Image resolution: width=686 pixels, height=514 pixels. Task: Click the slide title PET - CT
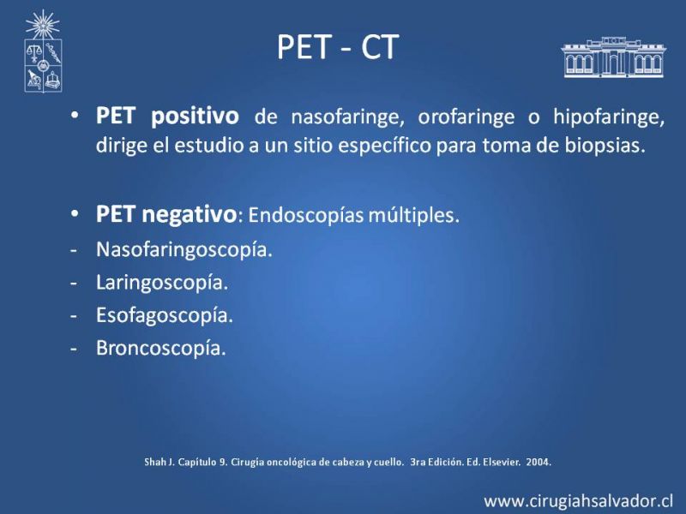click(x=338, y=47)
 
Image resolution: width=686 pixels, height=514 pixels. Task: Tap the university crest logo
click(x=43, y=51)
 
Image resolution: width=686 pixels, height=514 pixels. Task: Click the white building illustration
click(x=613, y=57)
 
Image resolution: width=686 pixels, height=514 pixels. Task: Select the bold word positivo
click(x=195, y=117)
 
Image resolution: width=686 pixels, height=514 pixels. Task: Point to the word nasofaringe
click(x=347, y=117)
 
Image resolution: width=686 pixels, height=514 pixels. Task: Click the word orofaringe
click(x=466, y=117)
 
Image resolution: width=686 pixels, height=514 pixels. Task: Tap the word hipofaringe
click(x=609, y=117)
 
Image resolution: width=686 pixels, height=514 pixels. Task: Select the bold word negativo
click(x=190, y=215)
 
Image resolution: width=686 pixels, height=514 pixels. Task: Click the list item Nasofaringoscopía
click(x=184, y=250)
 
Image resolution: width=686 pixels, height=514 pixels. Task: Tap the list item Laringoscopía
click(x=162, y=283)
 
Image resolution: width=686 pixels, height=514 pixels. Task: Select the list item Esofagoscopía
click(x=165, y=315)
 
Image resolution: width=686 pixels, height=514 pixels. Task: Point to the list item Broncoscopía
click(x=161, y=349)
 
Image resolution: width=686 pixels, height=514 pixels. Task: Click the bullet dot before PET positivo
click(x=75, y=116)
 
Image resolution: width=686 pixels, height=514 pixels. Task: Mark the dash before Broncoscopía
click(x=74, y=350)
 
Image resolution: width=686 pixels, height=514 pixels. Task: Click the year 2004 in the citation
click(x=539, y=462)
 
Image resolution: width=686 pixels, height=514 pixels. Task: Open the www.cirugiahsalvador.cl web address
click(x=579, y=500)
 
